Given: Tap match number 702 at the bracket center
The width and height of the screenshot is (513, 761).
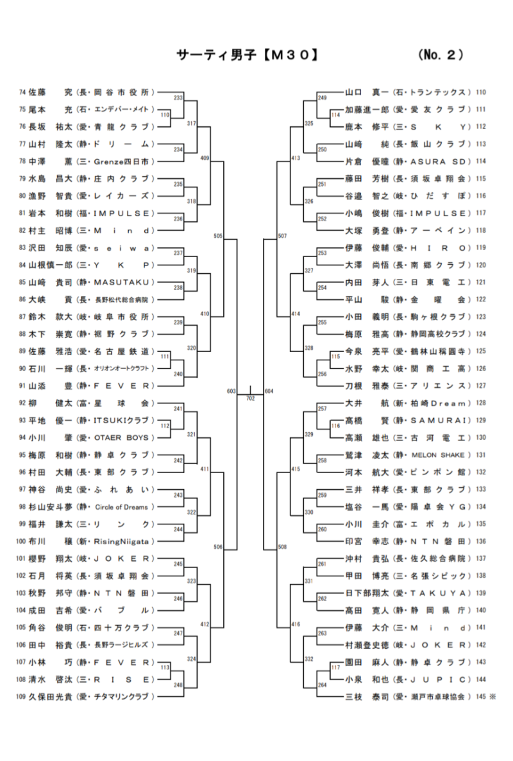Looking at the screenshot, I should [251, 398].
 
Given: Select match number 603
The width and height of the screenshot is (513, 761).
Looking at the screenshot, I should [231, 390].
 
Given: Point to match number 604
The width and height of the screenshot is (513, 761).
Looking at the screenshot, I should [269, 390].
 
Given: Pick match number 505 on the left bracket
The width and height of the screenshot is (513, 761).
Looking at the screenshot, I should [217, 237].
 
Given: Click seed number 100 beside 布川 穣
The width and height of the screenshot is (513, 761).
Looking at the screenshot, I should [21, 540].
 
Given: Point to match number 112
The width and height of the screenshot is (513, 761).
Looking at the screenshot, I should [165, 426].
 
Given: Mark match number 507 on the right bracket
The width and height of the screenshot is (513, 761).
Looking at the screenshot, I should [283, 237].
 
